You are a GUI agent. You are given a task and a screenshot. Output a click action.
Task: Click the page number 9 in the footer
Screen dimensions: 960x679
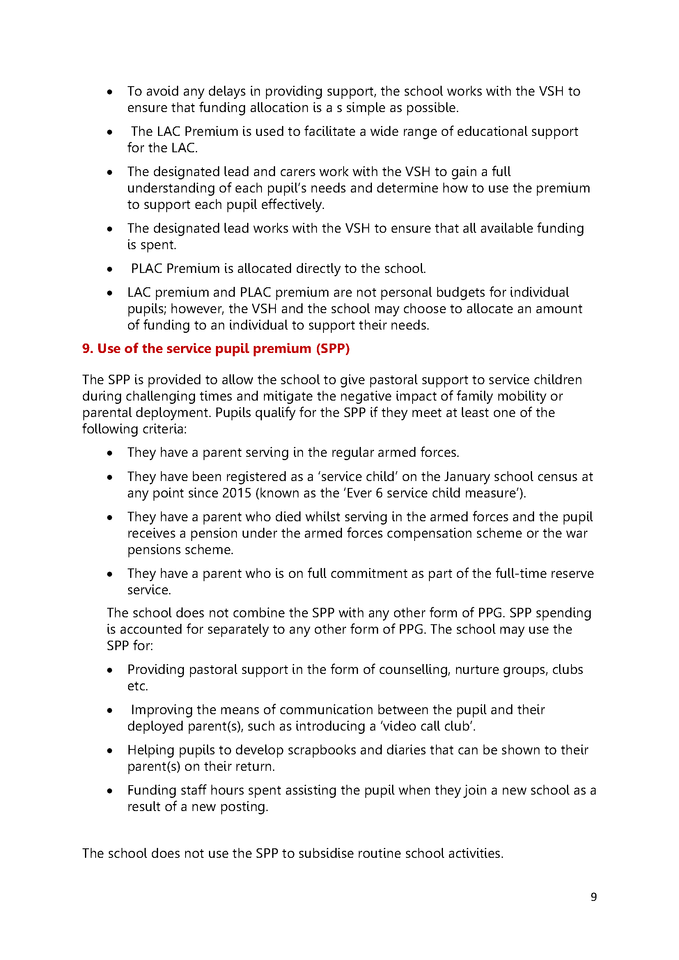click(x=593, y=897)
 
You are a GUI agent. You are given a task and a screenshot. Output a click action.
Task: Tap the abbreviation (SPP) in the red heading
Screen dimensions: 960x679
click(x=333, y=348)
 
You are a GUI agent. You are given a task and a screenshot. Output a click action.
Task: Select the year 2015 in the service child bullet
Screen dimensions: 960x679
click(x=236, y=493)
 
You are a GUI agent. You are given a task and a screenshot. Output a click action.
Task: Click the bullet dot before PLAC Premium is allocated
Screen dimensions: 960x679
click(x=110, y=269)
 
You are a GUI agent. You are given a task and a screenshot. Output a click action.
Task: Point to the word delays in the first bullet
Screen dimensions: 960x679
click(x=227, y=91)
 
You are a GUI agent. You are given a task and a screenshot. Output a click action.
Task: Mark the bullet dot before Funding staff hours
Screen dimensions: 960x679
click(x=110, y=791)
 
